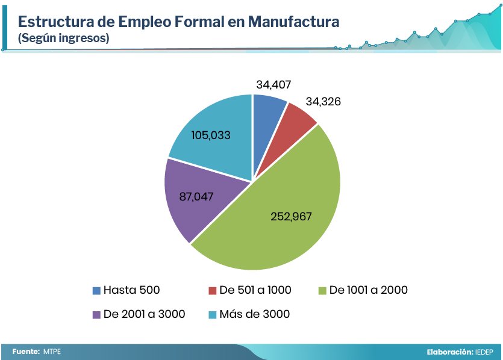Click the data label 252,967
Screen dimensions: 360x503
pos(290,217)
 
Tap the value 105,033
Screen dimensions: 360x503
pos(211,135)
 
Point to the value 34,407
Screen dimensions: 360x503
pos(278,85)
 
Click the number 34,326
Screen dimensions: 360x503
pos(323,102)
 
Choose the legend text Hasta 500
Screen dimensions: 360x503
pos(132,290)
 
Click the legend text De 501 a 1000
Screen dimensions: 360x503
pos(255,290)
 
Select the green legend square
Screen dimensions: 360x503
pos(322,291)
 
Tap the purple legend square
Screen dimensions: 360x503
pos(96,315)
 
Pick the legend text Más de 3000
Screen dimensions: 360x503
pos(255,314)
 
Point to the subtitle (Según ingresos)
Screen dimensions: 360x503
pos(63,39)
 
